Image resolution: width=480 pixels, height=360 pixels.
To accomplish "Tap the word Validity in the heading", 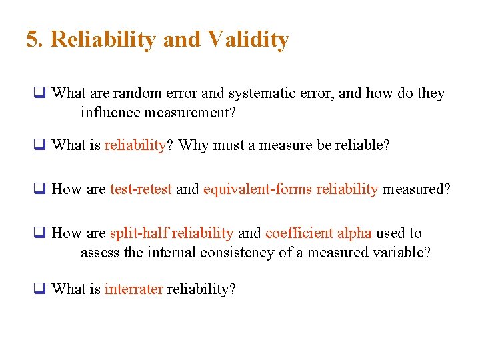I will click(x=248, y=39).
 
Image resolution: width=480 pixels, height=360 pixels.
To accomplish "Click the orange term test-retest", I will click(x=141, y=189).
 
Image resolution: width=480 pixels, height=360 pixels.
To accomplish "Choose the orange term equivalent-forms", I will click(x=257, y=189).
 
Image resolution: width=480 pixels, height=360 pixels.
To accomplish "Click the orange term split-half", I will click(x=138, y=233).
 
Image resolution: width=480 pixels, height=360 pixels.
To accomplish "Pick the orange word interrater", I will click(x=133, y=289).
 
